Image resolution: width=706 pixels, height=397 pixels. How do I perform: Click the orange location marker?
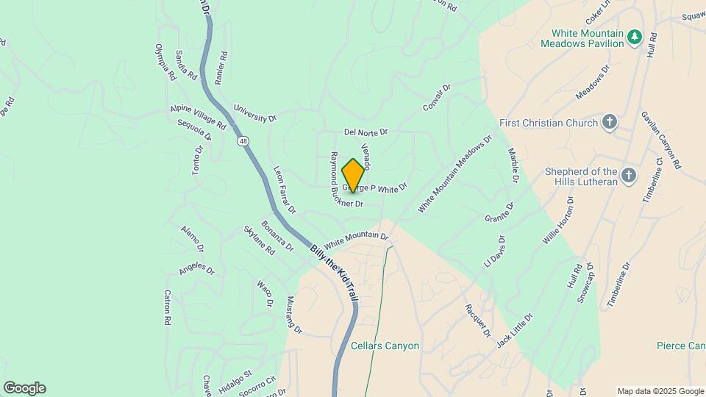tap(354, 175)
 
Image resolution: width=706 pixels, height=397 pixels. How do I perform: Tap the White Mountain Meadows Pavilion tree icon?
tap(634, 37)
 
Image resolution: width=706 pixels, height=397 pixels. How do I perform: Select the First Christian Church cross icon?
tap(609, 123)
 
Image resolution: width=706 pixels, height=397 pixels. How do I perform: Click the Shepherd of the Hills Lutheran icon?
tap(627, 175)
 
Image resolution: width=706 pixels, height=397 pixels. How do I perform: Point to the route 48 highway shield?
tap(242, 140)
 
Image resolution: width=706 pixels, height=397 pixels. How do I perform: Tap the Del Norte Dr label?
tap(366, 132)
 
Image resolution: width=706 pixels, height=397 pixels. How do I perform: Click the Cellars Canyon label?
tap(385, 346)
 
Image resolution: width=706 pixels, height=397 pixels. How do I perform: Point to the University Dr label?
tap(254, 112)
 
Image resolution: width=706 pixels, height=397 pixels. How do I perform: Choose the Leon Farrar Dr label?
tap(284, 190)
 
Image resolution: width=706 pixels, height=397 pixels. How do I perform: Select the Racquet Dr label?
tap(477, 321)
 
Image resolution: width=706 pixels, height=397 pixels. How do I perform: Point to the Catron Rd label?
tap(167, 307)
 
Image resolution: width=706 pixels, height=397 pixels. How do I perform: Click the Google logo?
tap(24, 388)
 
